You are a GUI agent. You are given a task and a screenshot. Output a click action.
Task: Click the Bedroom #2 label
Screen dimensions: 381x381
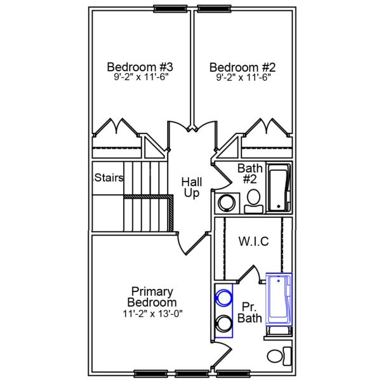[243, 67]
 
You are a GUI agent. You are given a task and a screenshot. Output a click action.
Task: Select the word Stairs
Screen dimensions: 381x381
[109, 178]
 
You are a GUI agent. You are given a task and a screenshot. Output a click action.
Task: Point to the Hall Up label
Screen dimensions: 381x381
[192, 187]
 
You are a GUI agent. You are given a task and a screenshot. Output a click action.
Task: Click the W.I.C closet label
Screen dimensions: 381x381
[253, 241]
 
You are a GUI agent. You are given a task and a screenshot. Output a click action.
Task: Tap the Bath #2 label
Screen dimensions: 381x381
[250, 173]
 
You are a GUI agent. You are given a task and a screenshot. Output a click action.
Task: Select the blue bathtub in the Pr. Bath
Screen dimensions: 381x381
[278, 298]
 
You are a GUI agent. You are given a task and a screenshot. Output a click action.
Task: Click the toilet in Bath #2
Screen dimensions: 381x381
[253, 199]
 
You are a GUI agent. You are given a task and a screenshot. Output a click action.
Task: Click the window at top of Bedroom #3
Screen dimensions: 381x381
[164, 9]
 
